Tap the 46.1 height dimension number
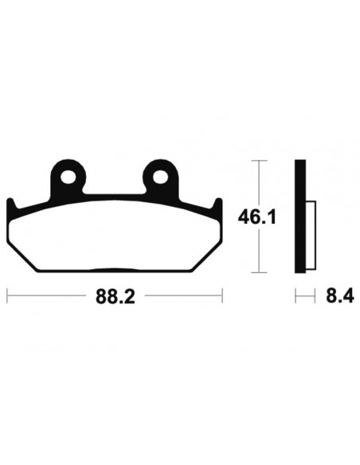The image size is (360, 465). click(x=257, y=216)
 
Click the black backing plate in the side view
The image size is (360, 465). click(x=300, y=216)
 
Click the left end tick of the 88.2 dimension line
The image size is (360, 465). click(x=7, y=296)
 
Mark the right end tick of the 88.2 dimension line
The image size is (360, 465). click(x=221, y=296)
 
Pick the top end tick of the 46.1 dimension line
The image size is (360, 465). click(x=257, y=162)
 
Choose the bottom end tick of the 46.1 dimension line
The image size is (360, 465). click(x=257, y=271)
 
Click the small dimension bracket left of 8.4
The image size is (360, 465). click(x=300, y=296)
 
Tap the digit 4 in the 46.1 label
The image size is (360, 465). click(x=245, y=216)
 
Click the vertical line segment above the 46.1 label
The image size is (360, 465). click(x=257, y=183)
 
